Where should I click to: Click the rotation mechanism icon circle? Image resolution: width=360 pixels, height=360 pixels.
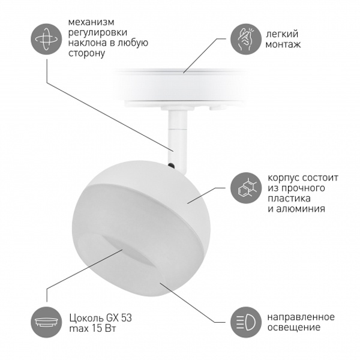point(46,39)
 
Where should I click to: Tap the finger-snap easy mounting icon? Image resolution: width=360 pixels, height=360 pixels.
point(246,39)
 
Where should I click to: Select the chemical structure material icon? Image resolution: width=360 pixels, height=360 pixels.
point(246,188)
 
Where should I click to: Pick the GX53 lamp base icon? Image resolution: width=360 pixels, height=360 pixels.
point(46,322)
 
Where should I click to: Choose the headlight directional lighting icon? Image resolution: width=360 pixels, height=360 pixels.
point(246,322)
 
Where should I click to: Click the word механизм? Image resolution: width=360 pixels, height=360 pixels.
point(91,22)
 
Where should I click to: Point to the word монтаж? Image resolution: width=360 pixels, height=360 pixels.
point(283,44)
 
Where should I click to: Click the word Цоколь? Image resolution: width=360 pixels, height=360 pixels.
point(86,318)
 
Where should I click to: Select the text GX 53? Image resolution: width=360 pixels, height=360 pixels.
point(119,318)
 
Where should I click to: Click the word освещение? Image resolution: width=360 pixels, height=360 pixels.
point(294,328)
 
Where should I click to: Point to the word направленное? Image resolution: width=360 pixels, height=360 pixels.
point(301,317)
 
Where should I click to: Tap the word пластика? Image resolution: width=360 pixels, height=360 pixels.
point(289,199)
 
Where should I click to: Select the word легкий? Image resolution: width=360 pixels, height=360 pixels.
point(282,34)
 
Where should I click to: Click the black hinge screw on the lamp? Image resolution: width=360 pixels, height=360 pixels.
point(171,164)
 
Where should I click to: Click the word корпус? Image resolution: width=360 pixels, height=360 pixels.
point(283,178)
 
